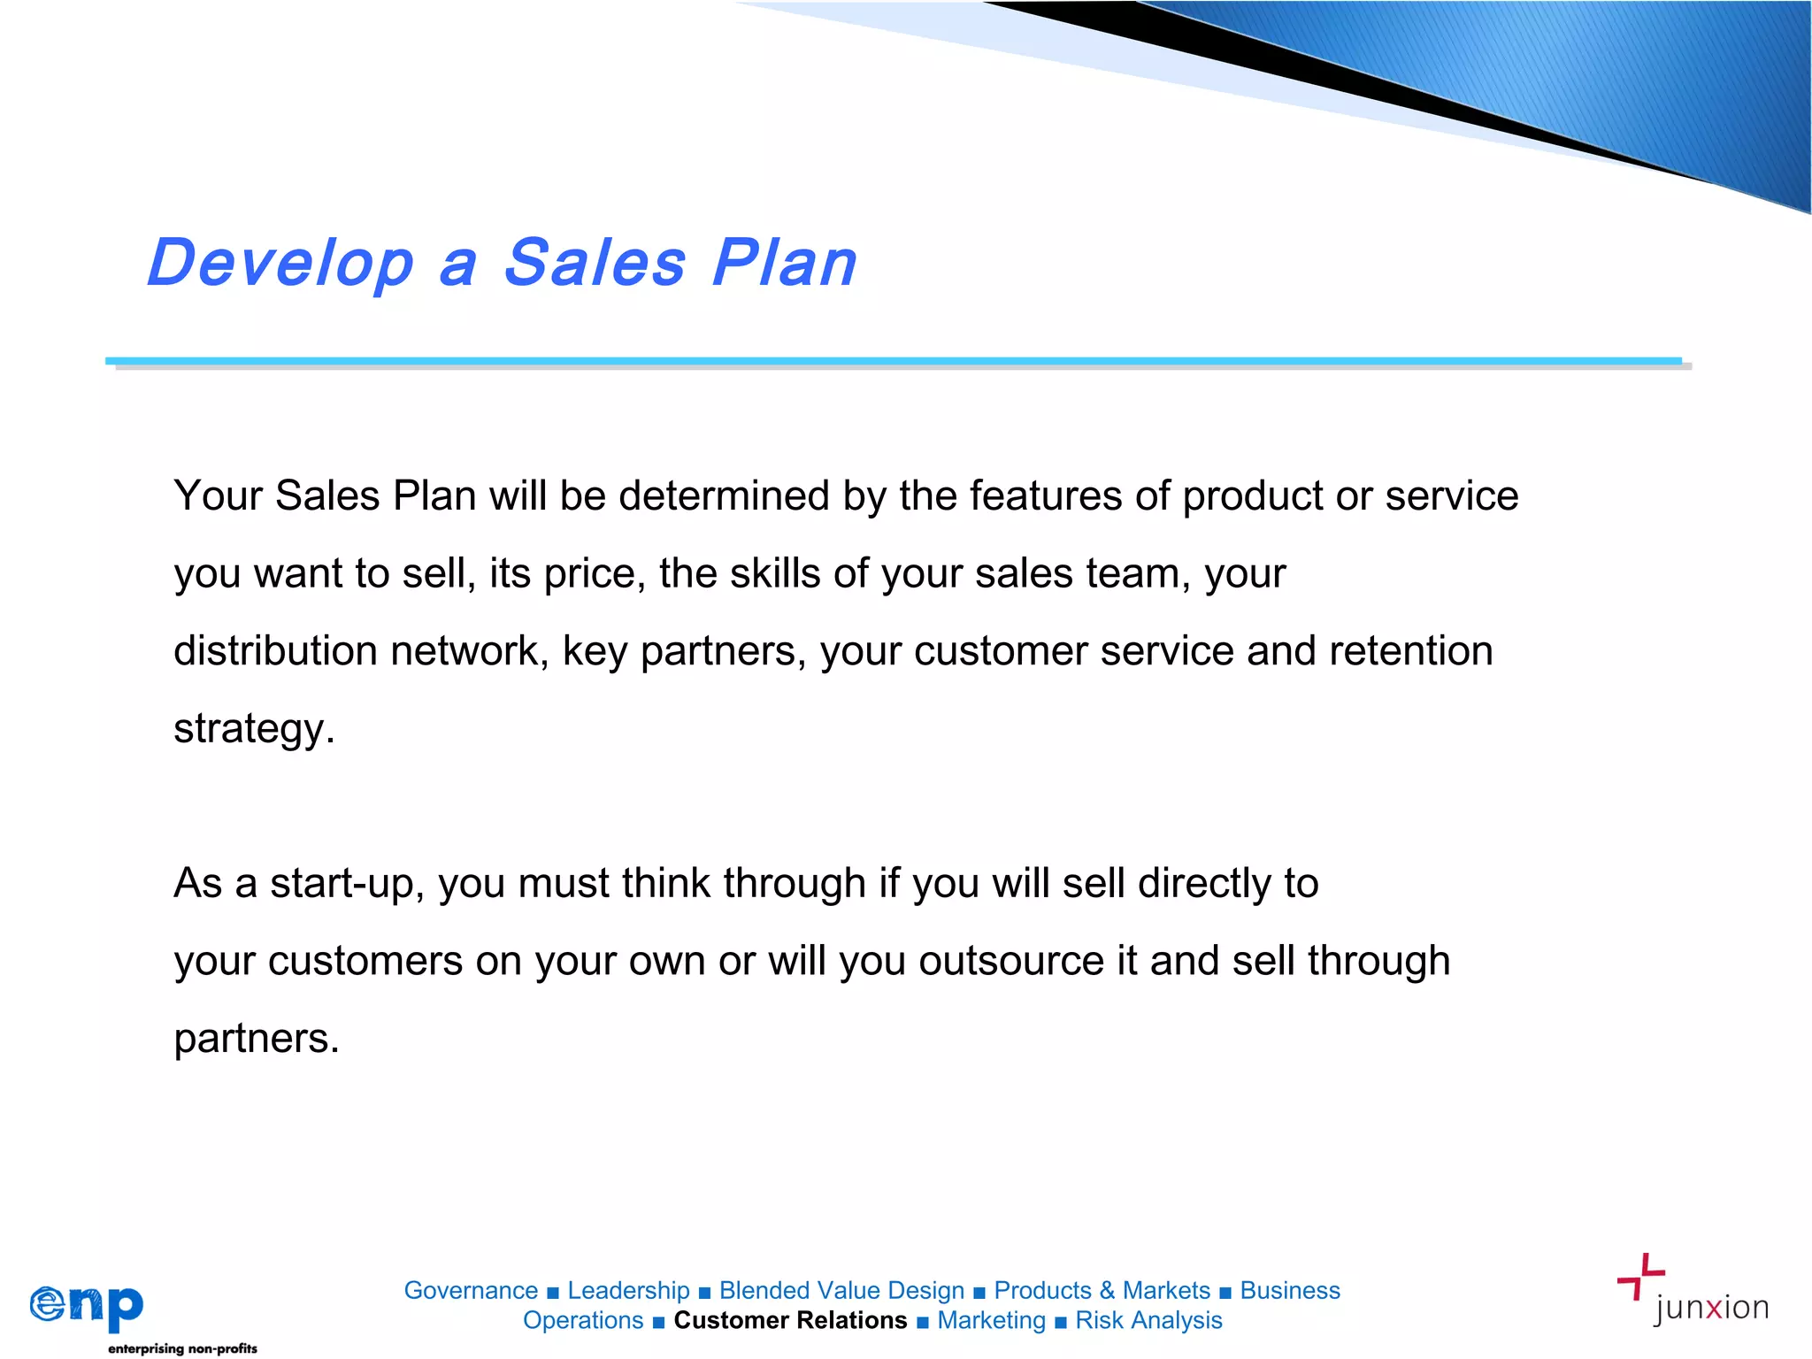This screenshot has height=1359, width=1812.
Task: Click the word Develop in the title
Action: [280, 264]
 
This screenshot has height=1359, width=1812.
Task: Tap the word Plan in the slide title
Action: [784, 264]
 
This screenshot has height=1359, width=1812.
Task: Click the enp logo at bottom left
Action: [87, 1306]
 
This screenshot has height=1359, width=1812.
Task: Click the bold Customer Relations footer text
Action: [790, 1320]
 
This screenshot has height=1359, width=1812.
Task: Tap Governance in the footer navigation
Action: [471, 1290]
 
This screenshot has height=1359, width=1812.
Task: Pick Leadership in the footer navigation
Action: [628, 1290]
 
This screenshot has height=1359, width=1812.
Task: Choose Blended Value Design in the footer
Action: [841, 1290]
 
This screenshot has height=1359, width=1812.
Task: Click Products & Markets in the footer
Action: [1102, 1290]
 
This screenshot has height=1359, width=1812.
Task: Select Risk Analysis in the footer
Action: [1148, 1320]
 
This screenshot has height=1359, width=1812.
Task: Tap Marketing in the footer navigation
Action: [991, 1320]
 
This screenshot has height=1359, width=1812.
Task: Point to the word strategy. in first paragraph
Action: [254, 729]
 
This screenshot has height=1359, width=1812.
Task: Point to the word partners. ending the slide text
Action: [257, 1039]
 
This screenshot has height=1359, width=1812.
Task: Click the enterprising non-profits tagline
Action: [182, 1348]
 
